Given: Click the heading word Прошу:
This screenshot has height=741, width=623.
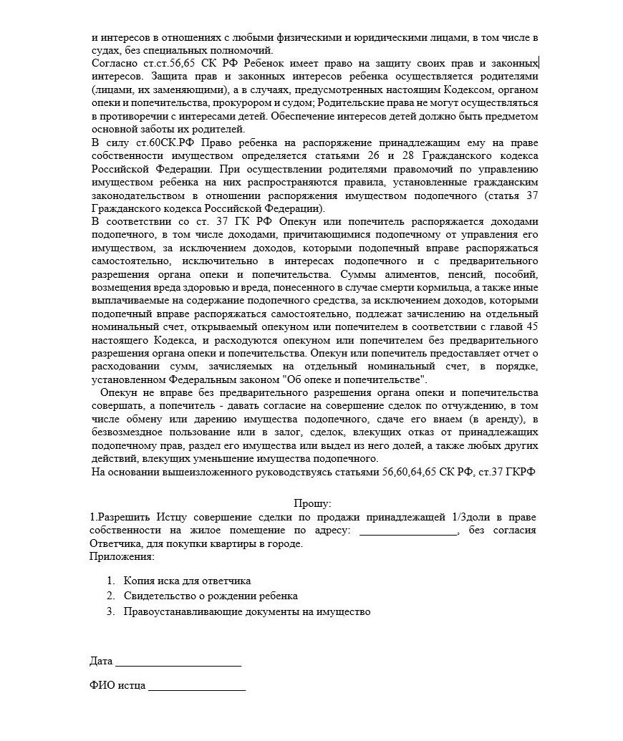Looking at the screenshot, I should click(x=313, y=503).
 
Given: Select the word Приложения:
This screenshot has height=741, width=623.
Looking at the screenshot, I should click(x=122, y=556).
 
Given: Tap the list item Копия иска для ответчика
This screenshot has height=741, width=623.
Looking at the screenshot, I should click(x=187, y=581).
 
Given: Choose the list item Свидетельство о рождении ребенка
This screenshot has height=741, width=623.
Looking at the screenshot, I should click(x=211, y=596).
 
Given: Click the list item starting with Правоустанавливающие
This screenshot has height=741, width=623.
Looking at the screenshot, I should click(x=247, y=611).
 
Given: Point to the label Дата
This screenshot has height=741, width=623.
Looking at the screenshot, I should click(x=101, y=661).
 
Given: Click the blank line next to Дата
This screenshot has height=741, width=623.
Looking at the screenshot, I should click(x=178, y=662).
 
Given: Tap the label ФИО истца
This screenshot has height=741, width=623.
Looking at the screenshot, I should click(x=117, y=685).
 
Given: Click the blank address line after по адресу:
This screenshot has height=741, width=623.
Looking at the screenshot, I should click(x=407, y=531).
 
